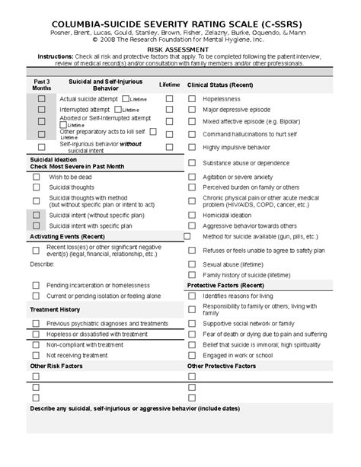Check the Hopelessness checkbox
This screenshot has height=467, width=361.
190,99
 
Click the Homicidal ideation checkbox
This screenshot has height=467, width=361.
190,216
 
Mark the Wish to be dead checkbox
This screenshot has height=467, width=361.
36,177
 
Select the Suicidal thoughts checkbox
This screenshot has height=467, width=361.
36,187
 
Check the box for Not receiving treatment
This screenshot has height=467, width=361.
36,355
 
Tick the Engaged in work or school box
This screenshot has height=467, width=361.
190,355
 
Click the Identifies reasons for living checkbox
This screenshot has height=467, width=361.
190,296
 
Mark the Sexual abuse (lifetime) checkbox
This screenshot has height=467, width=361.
190,264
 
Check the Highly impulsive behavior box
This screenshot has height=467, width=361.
190,147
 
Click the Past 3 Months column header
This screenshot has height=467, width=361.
42,85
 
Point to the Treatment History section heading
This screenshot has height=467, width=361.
54,309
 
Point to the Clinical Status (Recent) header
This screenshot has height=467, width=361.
220,85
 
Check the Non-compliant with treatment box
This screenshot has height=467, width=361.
36,344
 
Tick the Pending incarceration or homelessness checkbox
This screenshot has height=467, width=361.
36,285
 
